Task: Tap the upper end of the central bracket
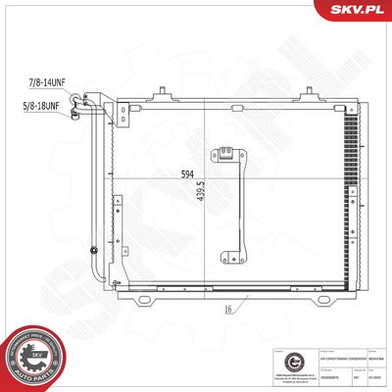(225, 154)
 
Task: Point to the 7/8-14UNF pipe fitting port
(86, 96)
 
